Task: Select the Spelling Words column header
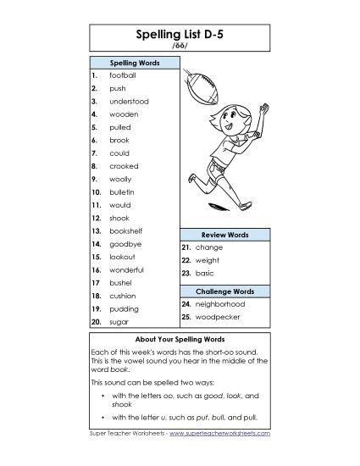click(x=133, y=63)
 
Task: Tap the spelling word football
click(x=123, y=75)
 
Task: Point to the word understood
click(x=129, y=101)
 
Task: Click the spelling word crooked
click(x=124, y=166)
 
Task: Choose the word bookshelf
click(x=126, y=230)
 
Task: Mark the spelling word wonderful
click(x=127, y=269)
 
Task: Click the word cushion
click(x=123, y=296)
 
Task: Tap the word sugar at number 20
click(x=119, y=322)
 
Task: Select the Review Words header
click(x=224, y=234)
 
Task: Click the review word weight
click(x=208, y=260)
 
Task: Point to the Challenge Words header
click(x=224, y=291)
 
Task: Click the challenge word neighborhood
click(x=220, y=303)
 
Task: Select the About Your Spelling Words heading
click(x=180, y=339)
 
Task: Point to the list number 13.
click(x=96, y=230)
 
